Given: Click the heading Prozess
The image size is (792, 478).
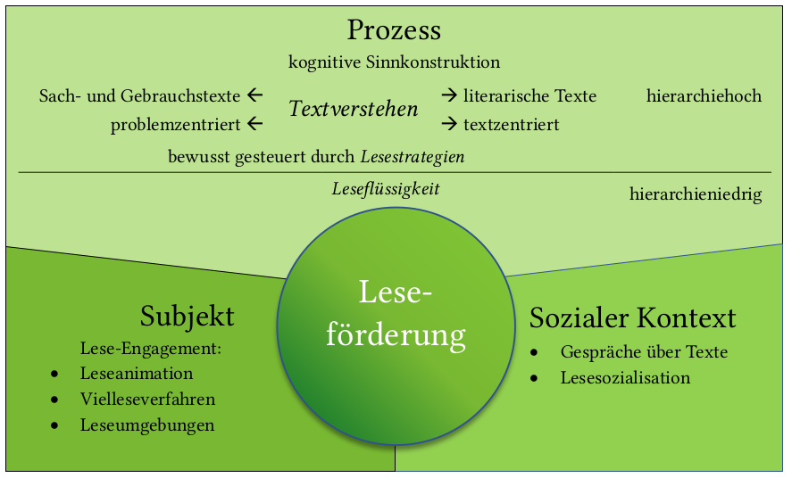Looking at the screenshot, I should coord(394,30).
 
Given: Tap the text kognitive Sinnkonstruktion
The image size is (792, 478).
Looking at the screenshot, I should coord(394,62).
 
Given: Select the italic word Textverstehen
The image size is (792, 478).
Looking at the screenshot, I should coord(354,110).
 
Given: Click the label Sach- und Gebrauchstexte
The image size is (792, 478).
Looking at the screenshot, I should coord(140,95).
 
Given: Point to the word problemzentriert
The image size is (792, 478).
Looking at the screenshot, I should coord(176,125).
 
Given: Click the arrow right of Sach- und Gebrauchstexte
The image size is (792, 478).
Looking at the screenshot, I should coord(255,95).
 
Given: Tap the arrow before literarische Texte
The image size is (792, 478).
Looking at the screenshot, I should coord(449,95).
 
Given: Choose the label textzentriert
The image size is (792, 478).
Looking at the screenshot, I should coord(511,125).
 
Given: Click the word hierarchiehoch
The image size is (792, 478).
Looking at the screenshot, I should coord(704,95).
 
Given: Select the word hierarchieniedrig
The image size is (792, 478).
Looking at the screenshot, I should coord(695,194).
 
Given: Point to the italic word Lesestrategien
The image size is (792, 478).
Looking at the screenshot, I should coord(413,156).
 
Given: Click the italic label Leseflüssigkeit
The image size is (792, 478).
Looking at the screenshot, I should coord(386,189).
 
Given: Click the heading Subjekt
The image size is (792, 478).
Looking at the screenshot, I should coord(187,316).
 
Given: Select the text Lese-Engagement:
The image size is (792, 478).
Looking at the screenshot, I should coord(150,349).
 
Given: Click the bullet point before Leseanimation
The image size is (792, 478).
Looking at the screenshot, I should coord(55,375).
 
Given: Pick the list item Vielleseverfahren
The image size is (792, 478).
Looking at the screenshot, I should coord(147,400).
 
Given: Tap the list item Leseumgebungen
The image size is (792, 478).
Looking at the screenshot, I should coord(147,425).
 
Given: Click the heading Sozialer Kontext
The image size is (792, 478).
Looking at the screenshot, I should coord(632,318).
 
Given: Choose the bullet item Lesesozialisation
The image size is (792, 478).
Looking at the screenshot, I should coord(625,378).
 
